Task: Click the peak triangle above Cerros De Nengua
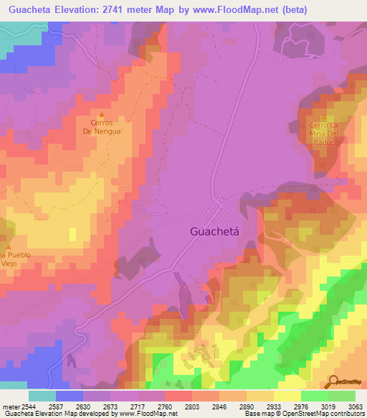(101, 115)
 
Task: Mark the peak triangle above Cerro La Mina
(323, 118)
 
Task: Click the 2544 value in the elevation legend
(28, 406)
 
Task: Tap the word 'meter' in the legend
(9, 406)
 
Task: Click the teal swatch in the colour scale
(42, 396)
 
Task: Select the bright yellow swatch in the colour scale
(287, 396)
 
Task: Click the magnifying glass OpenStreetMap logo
(333, 381)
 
